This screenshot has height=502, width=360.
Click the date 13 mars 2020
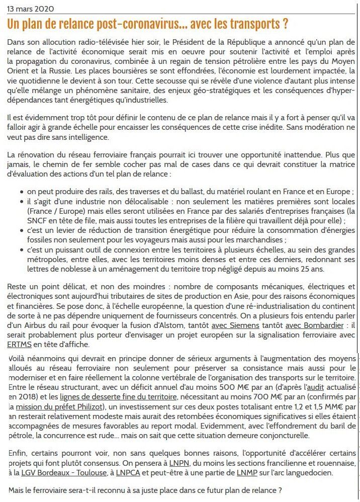click(x=31, y=9)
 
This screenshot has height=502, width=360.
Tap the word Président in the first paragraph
click(x=201, y=42)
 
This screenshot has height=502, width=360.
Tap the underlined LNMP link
click(x=246, y=473)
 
